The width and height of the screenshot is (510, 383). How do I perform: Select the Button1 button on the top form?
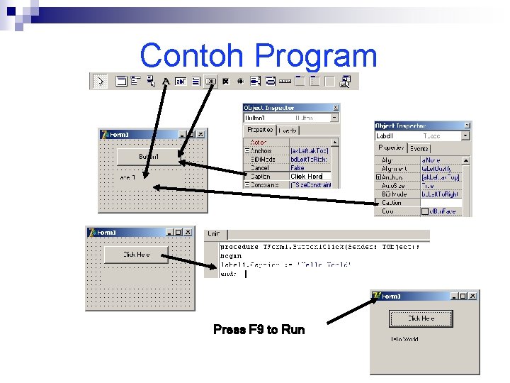(149, 156)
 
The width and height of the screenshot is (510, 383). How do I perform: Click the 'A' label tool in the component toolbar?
(166, 82)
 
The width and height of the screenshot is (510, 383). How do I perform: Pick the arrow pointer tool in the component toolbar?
(100, 82)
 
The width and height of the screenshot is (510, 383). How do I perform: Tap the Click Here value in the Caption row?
(306, 177)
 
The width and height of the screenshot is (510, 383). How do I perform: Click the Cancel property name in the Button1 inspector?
(259, 168)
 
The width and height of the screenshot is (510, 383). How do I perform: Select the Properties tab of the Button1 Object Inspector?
(260, 131)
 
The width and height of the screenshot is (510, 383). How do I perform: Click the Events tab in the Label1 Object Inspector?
(419, 148)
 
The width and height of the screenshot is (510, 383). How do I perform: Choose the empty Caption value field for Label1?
(441, 203)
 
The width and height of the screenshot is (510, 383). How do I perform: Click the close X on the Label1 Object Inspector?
(467, 126)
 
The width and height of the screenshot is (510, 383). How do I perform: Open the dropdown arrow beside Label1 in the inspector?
(465, 135)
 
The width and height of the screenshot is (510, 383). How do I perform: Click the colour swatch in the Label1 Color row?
(425, 211)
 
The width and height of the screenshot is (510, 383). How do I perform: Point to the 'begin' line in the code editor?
(230, 256)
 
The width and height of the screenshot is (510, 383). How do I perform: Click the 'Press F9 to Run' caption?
(259, 330)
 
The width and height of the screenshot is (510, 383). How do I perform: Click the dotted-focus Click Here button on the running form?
(421, 318)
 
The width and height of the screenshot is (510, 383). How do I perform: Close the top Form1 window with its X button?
(200, 134)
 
